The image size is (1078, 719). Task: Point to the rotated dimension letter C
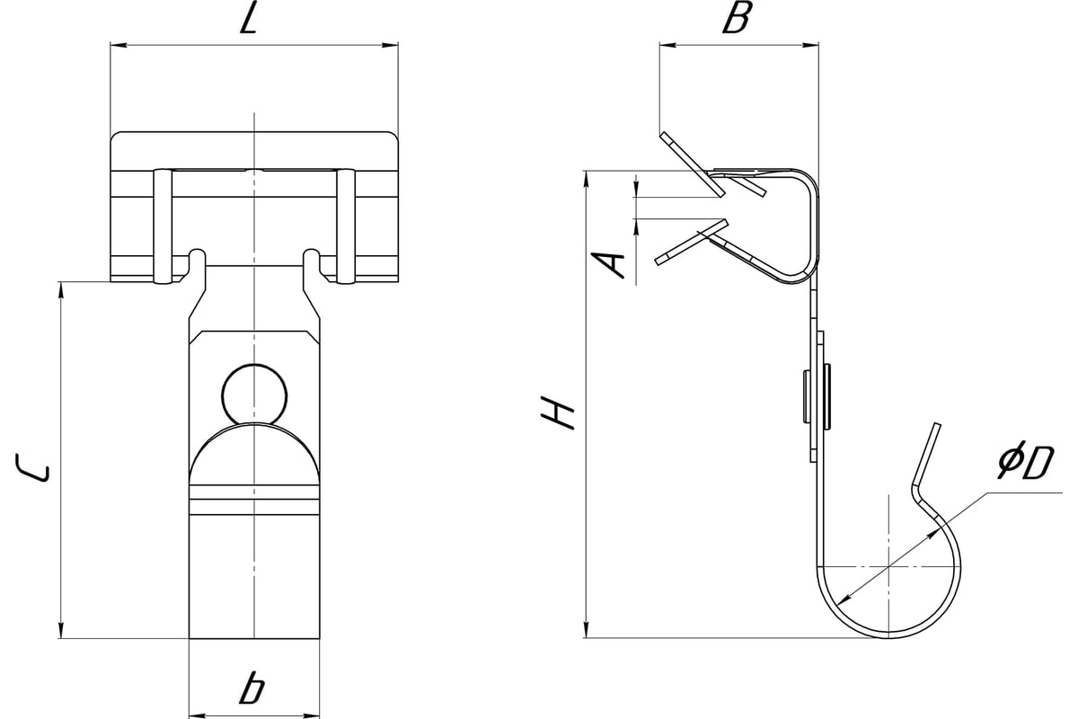[x=37, y=469]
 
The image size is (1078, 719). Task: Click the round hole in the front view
[x=255, y=393]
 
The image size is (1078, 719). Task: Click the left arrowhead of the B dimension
[x=666, y=42]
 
